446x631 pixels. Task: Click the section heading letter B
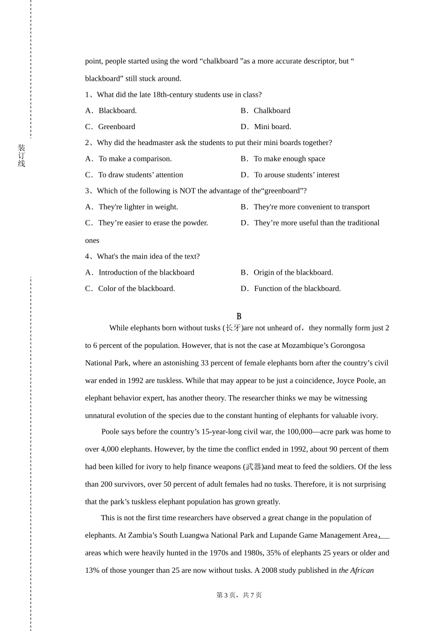pos(239,316)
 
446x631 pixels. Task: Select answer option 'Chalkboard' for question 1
pos(271,111)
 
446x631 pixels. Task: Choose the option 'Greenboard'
pos(116,127)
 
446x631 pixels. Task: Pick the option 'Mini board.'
pos(272,127)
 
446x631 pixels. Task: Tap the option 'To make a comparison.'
pos(135,159)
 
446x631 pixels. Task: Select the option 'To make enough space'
pos(289,159)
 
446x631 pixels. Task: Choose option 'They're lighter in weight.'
pos(138,207)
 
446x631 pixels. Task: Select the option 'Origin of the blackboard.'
pos(293,273)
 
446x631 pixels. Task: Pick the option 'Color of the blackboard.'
pos(136,289)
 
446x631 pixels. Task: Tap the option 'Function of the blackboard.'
pos(297,289)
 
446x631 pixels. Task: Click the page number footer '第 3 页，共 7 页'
pos(239,595)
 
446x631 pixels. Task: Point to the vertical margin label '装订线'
pos(22,156)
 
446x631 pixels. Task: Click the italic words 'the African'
pos(356,570)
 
